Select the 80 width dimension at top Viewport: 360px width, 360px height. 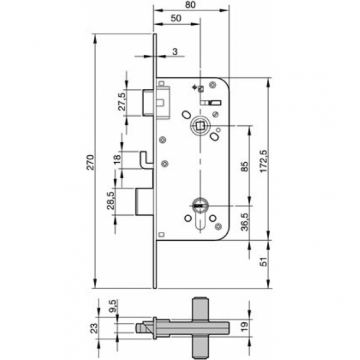pyautogui.click(x=190, y=5)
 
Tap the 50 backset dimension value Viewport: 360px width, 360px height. pyautogui.click(x=175, y=18)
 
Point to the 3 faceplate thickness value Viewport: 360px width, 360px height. pyautogui.click(x=175, y=51)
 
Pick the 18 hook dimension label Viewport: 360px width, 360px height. pyautogui.click(x=117, y=159)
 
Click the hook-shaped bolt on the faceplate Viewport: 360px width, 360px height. pyautogui.click(x=144, y=159)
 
